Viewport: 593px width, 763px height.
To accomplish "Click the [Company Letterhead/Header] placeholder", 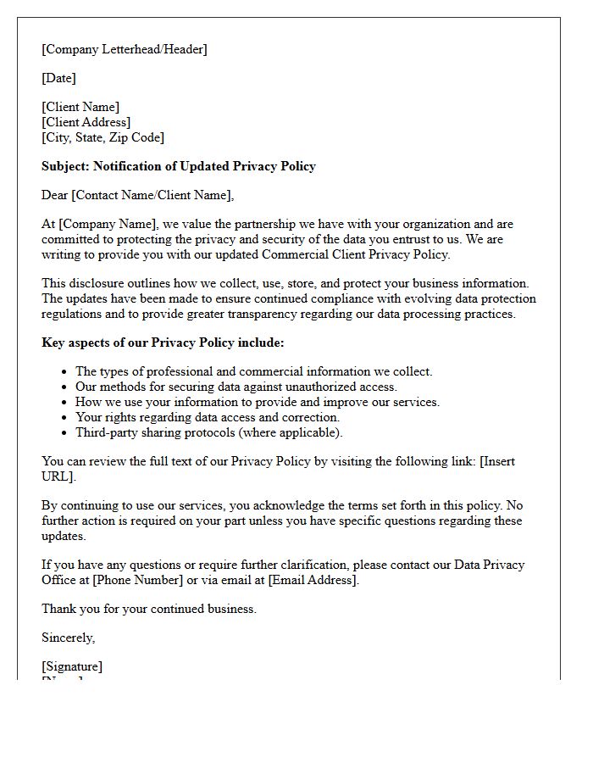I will coord(125,49).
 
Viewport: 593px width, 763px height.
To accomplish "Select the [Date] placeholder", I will coord(58,78).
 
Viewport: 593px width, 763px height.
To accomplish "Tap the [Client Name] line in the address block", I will coord(80,108).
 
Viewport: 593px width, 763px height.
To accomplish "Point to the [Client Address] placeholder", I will coord(86,122).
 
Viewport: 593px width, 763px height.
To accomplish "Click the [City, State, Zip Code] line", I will coord(103,137).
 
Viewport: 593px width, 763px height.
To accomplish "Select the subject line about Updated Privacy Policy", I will coord(178,166).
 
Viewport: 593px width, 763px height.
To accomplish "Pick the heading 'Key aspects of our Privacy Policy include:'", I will coord(163,343).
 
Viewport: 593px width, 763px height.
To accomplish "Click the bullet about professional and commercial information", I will coord(253,371).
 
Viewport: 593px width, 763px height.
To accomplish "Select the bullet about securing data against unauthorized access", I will coord(236,387).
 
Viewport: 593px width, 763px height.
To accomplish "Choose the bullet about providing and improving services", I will coord(258,402).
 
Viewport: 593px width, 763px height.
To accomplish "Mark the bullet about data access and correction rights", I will coord(207,417).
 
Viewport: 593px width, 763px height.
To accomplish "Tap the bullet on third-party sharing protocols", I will coord(208,432).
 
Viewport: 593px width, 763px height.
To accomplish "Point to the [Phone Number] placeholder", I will coord(137,580).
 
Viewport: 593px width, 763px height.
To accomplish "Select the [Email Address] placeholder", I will coord(313,580).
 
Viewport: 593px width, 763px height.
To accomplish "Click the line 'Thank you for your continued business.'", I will coord(149,609).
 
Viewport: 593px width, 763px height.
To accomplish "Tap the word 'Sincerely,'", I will coord(69,638).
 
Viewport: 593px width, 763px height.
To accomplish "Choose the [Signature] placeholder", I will coord(72,666).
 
